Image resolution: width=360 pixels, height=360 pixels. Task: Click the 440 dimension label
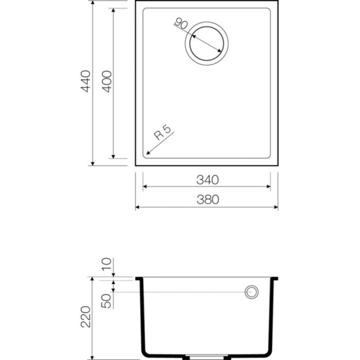click(x=86, y=81)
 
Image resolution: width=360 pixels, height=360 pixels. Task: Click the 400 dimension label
click(x=107, y=81)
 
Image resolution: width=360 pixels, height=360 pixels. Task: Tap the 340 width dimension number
click(x=208, y=180)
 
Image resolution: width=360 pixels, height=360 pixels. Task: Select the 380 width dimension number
click(x=208, y=200)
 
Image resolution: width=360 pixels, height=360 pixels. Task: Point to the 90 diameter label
click(x=182, y=24)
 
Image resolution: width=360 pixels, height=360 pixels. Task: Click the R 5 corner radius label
click(x=163, y=133)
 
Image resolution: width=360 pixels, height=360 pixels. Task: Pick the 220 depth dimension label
click(x=86, y=317)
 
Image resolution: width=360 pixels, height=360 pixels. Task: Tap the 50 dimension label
click(x=106, y=301)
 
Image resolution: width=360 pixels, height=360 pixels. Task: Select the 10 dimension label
click(x=106, y=264)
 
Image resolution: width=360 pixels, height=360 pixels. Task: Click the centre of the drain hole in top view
click(x=207, y=44)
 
